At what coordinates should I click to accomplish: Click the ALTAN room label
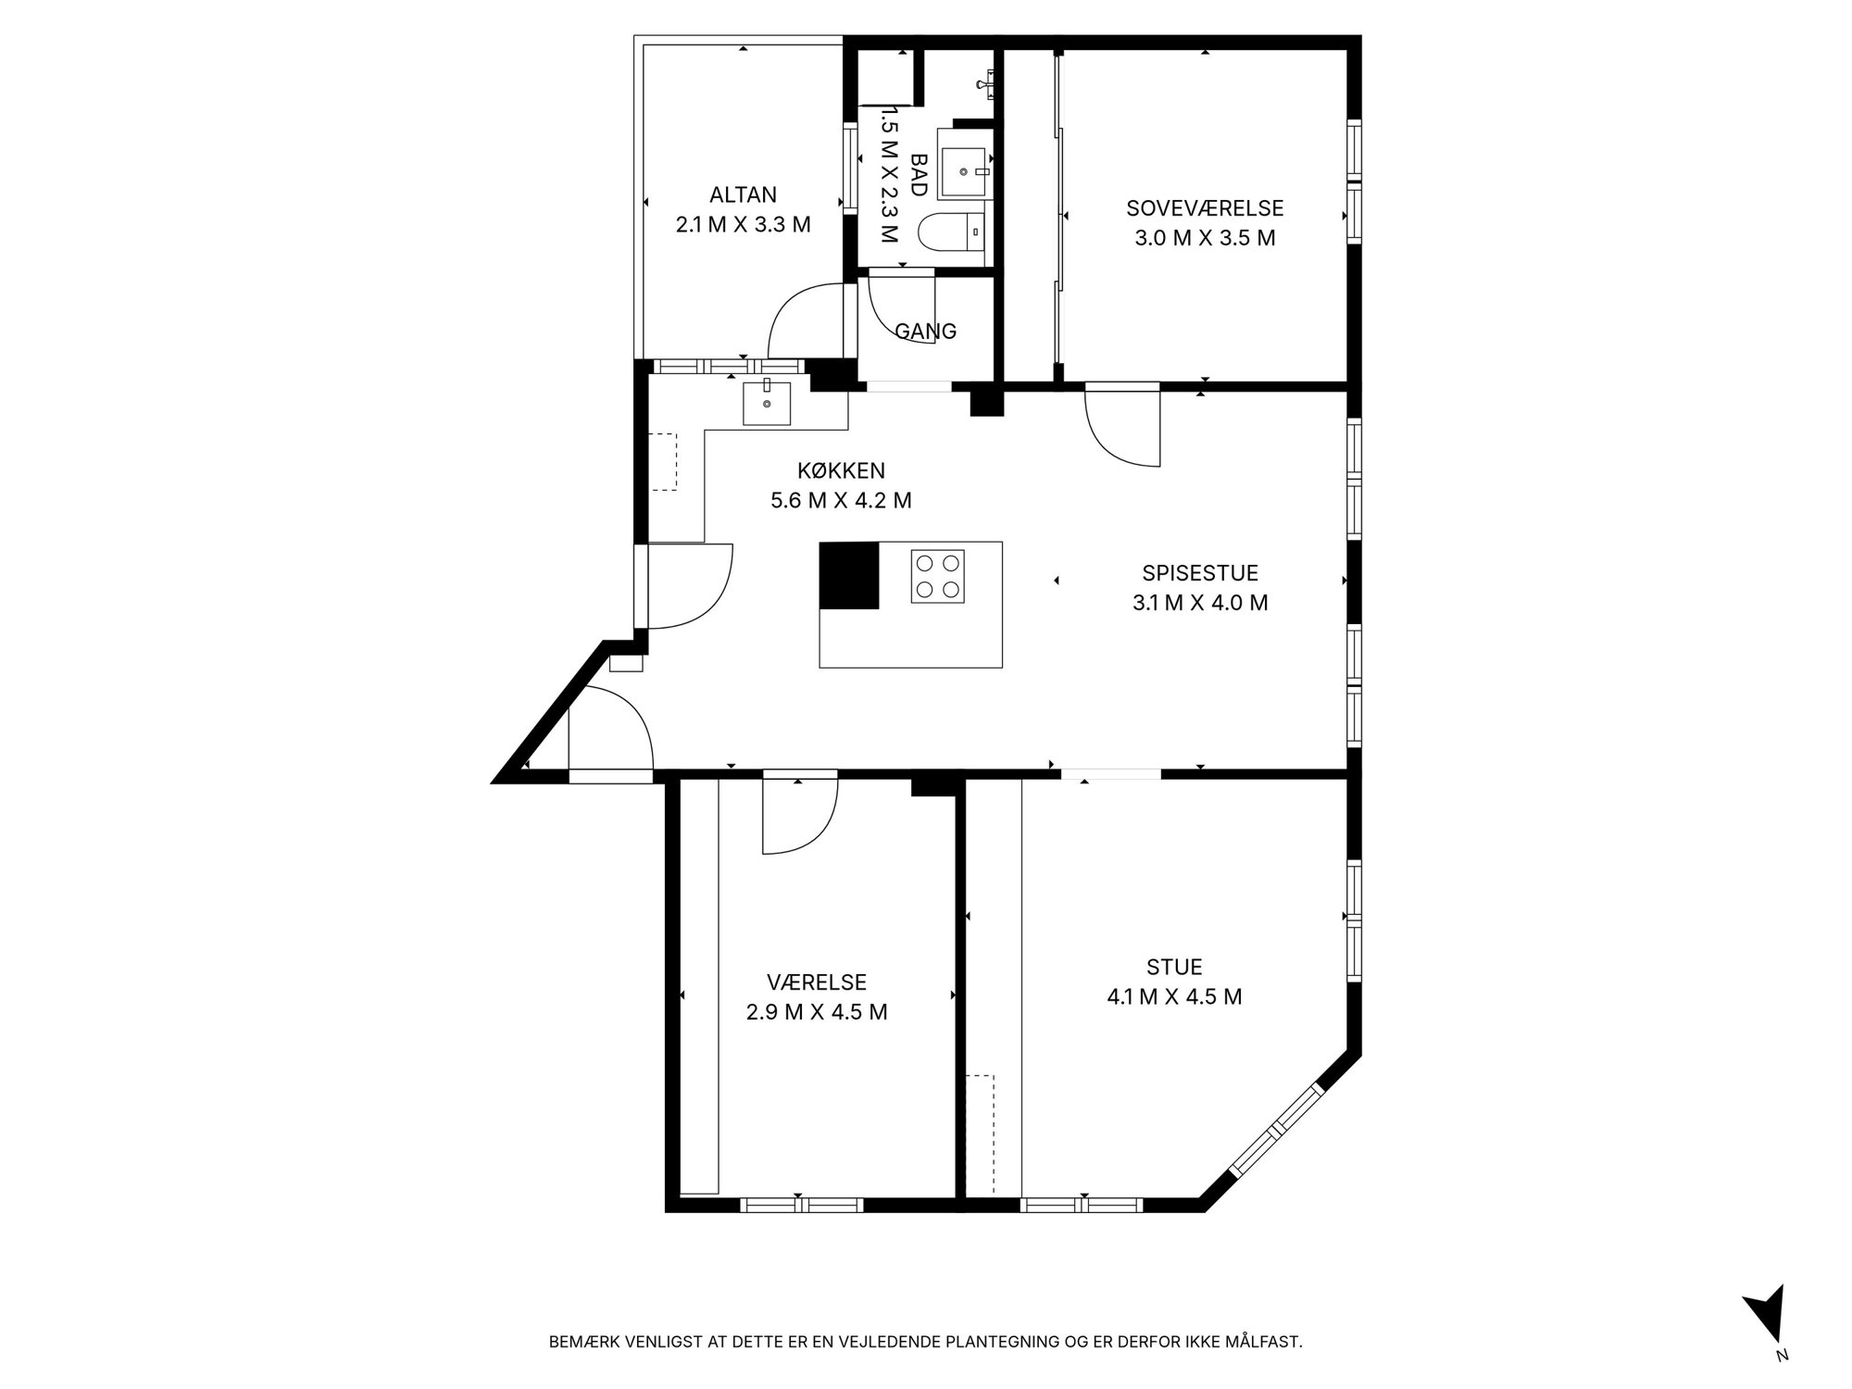click(743, 194)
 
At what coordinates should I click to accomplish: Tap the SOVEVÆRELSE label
click(1205, 208)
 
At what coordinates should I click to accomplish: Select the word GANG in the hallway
click(925, 331)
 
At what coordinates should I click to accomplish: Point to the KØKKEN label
click(841, 470)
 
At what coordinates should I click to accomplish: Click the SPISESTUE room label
click(1200, 573)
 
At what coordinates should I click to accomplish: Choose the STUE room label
click(1174, 967)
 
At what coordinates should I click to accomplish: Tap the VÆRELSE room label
click(817, 982)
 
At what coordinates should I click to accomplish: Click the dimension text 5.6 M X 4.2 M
click(841, 501)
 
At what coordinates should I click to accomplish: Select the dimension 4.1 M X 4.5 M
click(1174, 997)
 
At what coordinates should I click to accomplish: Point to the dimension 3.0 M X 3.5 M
click(1205, 238)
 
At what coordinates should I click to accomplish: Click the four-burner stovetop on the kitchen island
click(937, 576)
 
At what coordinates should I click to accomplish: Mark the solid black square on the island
click(849, 575)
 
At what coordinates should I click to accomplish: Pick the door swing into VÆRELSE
click(813, 838)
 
